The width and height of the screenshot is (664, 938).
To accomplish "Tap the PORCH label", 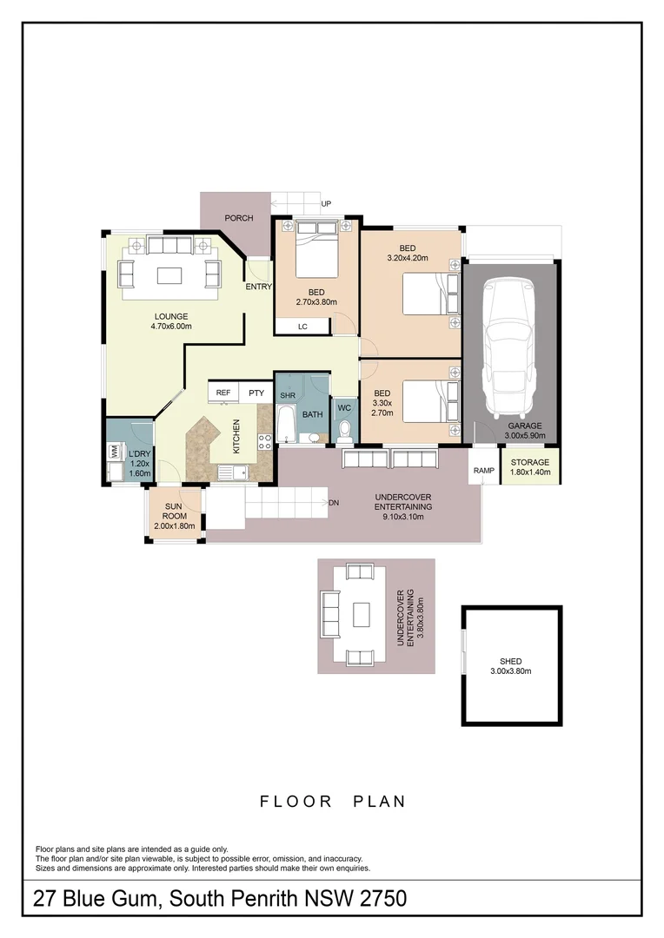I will click(238, 218).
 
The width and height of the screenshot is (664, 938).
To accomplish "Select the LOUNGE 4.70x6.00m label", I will click(172, 321).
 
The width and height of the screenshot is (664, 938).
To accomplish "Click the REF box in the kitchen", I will click(223, 393).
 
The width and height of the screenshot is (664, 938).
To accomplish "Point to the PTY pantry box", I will click(256, 393).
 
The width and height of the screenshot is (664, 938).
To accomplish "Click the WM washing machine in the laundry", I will click(114, 452).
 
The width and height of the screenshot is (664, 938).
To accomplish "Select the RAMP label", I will click(484, 472).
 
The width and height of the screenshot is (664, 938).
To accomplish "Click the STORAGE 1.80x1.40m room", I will click(529, 467).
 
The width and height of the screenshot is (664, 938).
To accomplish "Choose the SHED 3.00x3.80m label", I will click(510, 666).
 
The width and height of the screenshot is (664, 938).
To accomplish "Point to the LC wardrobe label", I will click(302, 327).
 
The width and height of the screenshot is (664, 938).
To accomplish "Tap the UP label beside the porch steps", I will click(327, 204).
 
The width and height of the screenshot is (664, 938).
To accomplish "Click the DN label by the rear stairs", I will click(334, 503).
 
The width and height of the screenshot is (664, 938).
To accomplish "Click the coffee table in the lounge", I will click(169, 274).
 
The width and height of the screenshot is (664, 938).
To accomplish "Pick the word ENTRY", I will click(259, 287).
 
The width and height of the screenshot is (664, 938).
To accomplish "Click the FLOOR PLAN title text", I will click(333, 802).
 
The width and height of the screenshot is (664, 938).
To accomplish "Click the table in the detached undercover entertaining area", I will click(362, 615).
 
